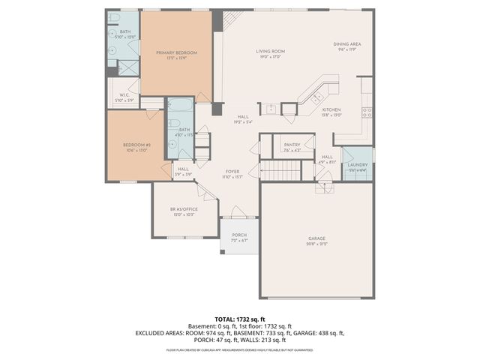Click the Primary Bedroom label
point(176,52)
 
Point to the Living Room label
point(270,51)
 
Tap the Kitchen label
point(332,109)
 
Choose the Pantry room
point(292,146)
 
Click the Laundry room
point(357,166)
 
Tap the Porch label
point(239,235)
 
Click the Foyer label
point(232,172)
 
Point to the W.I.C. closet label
point(124,95)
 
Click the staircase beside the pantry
point(280,171)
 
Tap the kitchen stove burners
point(367,112)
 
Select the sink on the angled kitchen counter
point(316,96)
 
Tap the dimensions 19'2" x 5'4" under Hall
point(243,121)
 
